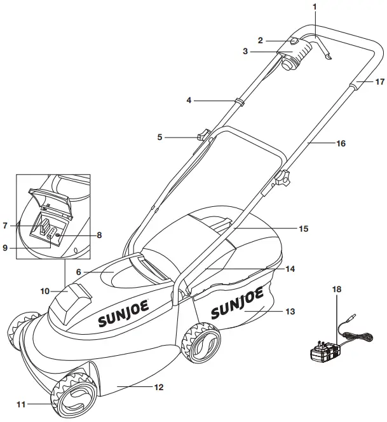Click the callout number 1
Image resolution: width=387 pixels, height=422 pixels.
click(313, 6)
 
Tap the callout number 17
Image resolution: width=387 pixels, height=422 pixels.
click(379, 81)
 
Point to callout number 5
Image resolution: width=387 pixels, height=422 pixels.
click(160, 136)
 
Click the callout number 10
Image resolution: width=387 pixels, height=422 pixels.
click(45, 291)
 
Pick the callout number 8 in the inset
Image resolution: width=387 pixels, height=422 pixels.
click(99, 235)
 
